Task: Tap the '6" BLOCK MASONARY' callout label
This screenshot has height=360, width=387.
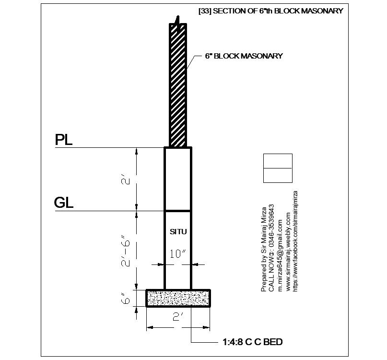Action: point(244,56)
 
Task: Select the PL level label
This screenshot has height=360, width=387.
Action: point(64,140)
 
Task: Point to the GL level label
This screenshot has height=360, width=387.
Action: point(64,203)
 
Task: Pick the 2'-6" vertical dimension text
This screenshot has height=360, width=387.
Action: point(126,252)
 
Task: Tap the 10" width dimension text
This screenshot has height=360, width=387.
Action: point(177,254)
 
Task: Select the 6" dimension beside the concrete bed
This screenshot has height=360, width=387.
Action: point(126,300)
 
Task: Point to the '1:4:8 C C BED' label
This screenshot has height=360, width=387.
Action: point(252,342)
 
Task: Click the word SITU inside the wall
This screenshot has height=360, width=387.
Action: point(177,232)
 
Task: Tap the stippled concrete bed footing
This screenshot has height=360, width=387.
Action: point(178,298)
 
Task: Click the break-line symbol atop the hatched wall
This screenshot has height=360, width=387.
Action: point(178,22)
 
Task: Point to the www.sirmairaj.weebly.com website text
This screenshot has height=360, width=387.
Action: point(287,252)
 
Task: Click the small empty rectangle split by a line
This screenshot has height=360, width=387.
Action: point(278,168)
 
